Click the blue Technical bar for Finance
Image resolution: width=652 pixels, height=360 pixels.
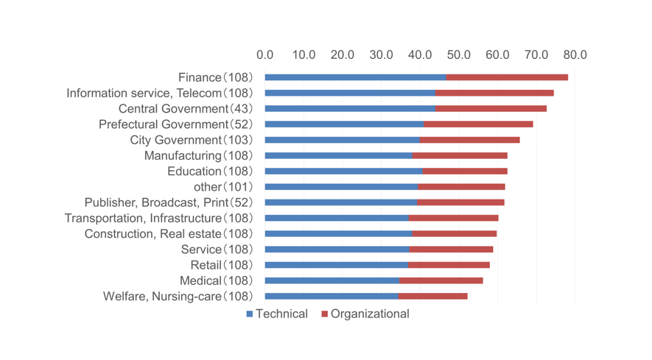[355, 77]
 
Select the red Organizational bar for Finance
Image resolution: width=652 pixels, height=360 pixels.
[507, 77]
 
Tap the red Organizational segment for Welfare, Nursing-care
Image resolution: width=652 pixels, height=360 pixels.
[432, 296]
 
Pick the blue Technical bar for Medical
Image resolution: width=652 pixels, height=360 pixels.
[332, 280]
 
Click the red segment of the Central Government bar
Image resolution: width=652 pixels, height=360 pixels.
[491, 109]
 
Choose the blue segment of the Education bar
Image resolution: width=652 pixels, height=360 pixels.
[343, 172]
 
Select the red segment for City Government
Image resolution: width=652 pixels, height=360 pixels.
[469, 140]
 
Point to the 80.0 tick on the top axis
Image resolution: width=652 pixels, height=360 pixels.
[575, 55]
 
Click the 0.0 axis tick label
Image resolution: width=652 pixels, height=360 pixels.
[265, 55]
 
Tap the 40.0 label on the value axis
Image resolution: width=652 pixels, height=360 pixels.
[420, 55]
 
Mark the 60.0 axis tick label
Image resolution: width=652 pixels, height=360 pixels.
[497, 55]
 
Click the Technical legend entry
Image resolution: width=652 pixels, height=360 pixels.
[277, 314]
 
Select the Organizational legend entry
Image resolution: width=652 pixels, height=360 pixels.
[365, 314]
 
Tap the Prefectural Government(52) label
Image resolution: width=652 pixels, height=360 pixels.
[175, 124]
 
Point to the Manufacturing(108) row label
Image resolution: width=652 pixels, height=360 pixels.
[198, 155]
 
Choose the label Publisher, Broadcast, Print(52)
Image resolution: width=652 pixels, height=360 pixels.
[168, 202]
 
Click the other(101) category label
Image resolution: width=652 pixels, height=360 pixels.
[222, 187]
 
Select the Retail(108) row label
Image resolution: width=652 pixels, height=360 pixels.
[221, 265]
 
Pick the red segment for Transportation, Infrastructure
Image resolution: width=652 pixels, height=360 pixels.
[453, 218]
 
